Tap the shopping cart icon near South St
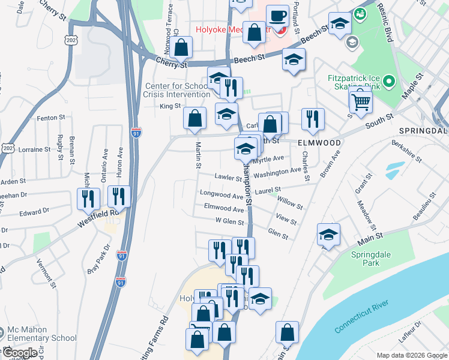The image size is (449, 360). point(361,101)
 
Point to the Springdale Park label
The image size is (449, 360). point(370,259)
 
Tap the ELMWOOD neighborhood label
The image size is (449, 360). point(319,143)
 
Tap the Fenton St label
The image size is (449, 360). point(50,118)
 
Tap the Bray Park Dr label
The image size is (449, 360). point(99,259)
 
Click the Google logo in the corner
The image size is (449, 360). point(19,353)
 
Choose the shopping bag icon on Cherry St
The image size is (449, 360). point(181,47)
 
